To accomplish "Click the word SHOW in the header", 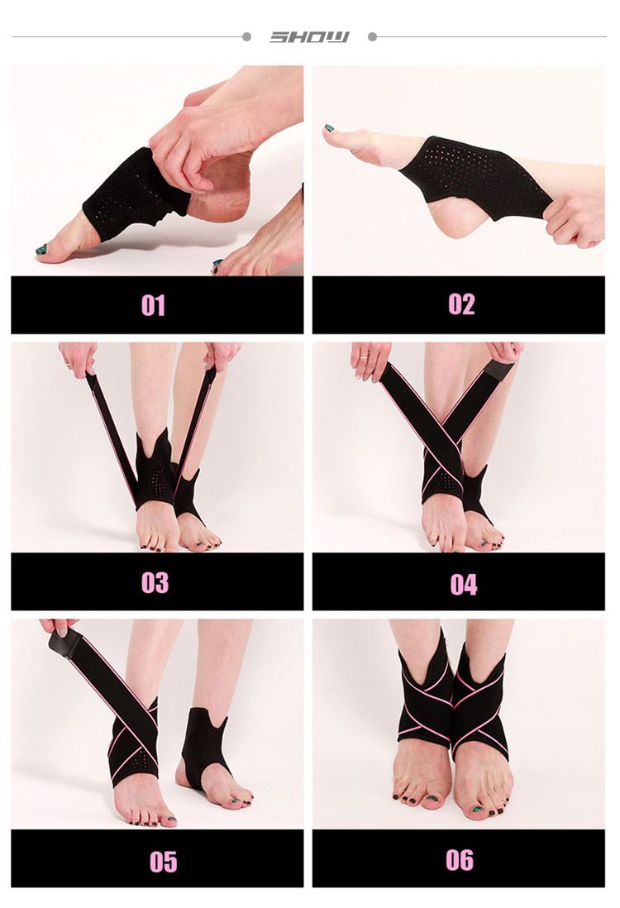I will [309, 36].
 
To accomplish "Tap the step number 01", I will [153, 305].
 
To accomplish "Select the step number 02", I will [461, 304].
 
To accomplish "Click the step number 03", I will [155, 582].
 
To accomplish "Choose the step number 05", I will [163, 861].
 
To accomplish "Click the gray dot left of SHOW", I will [246, 36].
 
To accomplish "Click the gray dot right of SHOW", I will [372, 36].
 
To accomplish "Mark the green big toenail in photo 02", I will [329, 128].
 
